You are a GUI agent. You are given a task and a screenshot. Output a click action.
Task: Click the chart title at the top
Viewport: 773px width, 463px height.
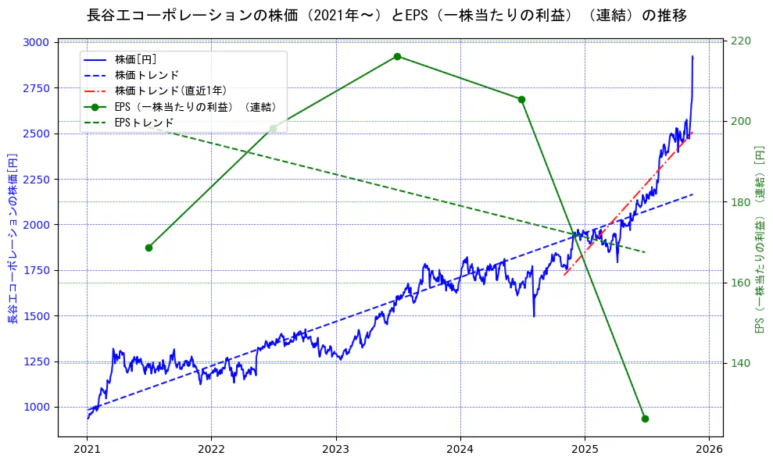pyautogui.click(x=387, y=16)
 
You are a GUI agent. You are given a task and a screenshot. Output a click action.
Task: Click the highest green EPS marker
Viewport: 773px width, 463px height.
pyautogui.click(x=397, y=56)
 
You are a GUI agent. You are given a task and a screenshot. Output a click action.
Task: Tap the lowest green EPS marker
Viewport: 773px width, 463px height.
pyautogui.click(x=645, y=418)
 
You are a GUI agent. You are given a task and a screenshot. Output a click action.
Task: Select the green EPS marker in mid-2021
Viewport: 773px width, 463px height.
pyautogui.click(x=149, y=248)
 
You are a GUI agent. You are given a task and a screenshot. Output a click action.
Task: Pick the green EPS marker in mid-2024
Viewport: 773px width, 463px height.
pyautogui.click(x=521, y=99)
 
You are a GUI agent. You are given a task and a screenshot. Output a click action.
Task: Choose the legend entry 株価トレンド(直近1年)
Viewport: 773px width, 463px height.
pyautogui.click(x=170, y=91)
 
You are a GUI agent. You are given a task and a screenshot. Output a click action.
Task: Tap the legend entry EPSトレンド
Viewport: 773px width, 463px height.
pyautogui.click(x=144, y=123)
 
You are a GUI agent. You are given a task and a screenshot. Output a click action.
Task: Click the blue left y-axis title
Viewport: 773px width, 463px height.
pyautogui.click(x=13, y=238)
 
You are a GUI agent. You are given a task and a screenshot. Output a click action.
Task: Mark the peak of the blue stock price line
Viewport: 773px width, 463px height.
pyautogui.click(x=692, y=56)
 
